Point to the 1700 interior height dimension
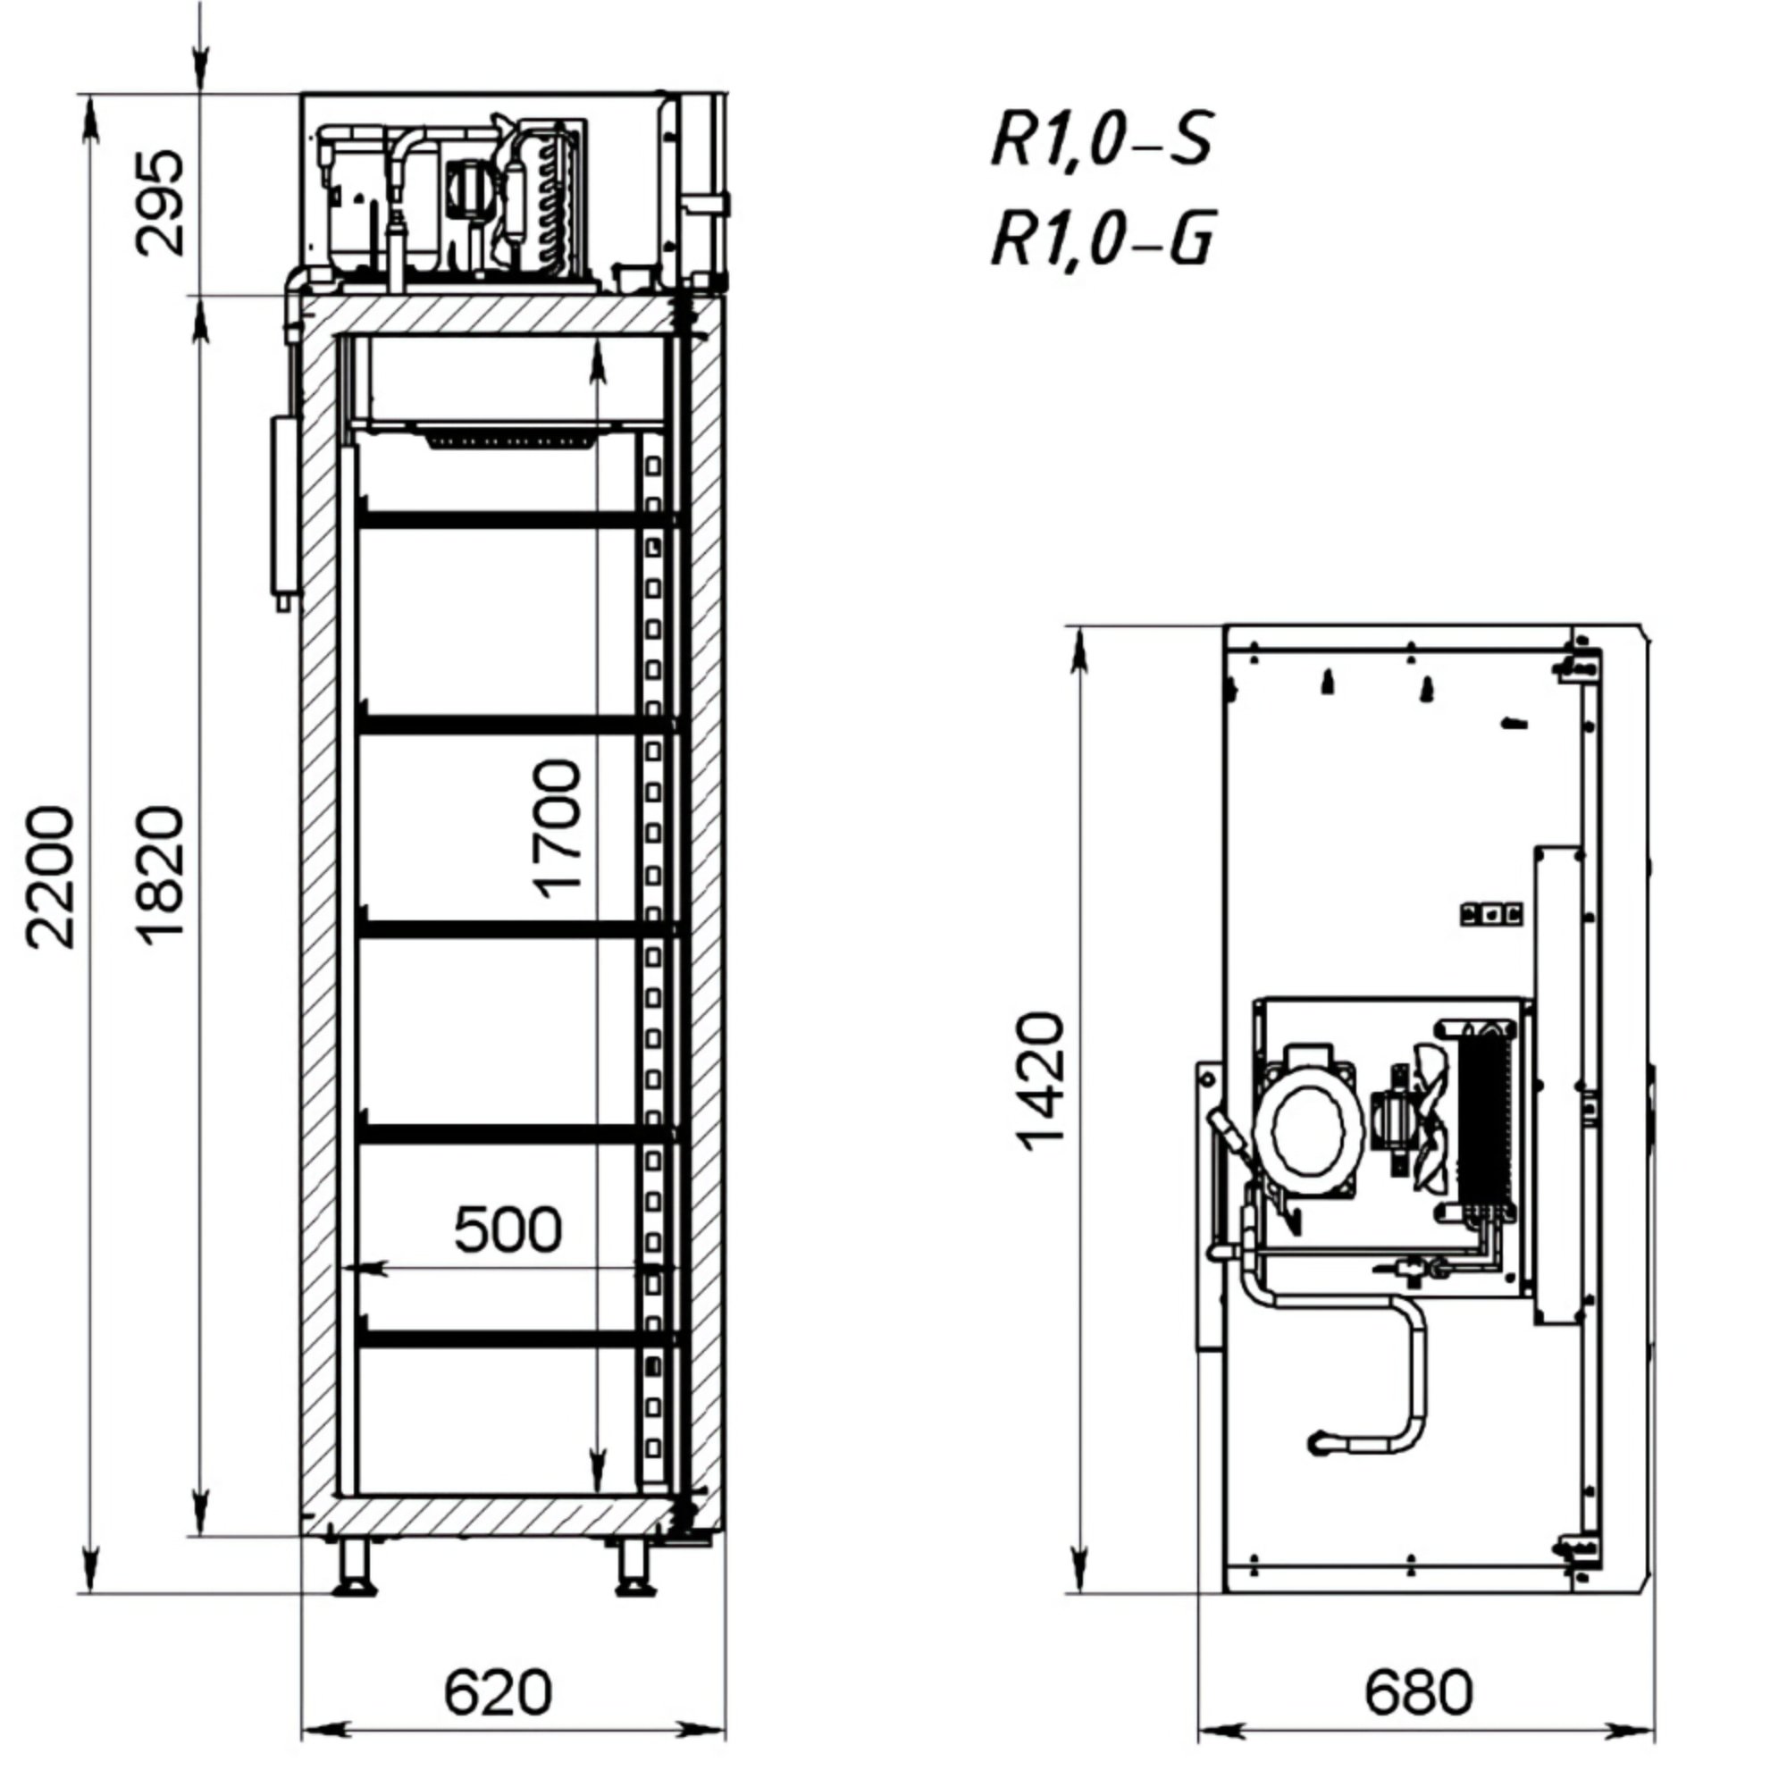(x=558, y=829)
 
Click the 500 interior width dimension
(x=508, y=1229)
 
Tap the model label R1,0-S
(x=1101, y=138)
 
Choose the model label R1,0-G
(x=1101, y=239)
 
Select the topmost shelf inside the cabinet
(x=516, y=519)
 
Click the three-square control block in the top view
(x=1491, y=915)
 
